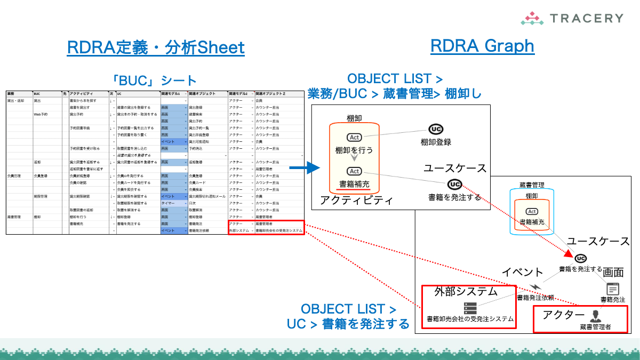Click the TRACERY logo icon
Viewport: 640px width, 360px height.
(x=532, y=19)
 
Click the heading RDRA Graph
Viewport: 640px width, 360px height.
(x=482, y=46)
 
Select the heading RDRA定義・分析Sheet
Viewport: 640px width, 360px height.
(x=156, y=47)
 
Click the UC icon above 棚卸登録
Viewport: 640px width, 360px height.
(x=436, y=129)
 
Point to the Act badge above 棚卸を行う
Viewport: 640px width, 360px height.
(x=354, y=138)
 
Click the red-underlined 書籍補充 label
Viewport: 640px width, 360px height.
(x=354, y=185)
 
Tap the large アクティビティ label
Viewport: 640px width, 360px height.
(x=356, y=201)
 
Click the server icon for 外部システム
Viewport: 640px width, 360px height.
(x=470, y=308)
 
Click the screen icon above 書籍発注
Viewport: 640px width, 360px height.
(x=613, y=289)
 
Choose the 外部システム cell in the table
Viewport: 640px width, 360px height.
(x=239, y=230)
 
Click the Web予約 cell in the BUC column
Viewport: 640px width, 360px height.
(x=41, y=114)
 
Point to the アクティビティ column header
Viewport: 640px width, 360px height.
(x=83, y=94)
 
